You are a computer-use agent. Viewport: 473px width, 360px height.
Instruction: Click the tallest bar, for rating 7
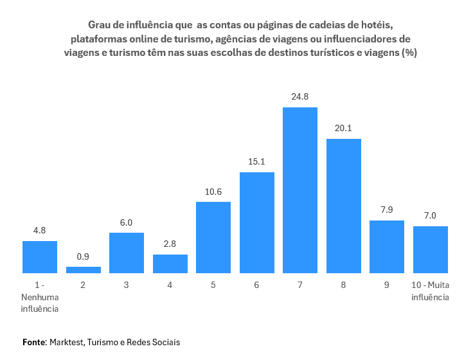tap(300, 190)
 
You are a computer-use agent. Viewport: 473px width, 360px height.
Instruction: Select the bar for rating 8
tap(343, 206)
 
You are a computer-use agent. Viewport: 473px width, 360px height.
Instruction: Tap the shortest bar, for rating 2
tap(84, 270)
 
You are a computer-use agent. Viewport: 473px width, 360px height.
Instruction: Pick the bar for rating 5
tap(213, 237)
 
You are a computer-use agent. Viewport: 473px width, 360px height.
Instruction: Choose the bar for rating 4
tap(170, 264)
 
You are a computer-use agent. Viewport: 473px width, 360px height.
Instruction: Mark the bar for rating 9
tap(387, 247)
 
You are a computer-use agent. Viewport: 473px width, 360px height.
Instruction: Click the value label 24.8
tap(300, 97)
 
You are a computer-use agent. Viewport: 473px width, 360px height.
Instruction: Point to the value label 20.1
tap(343, 129)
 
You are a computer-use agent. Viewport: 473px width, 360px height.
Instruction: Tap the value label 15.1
tap(257, 162)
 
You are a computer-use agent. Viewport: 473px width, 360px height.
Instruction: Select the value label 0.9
tap(84, 256)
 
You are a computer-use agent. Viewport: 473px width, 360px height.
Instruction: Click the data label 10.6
tap(213, 192)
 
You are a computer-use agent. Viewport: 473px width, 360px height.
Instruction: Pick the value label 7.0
tap(430, 216)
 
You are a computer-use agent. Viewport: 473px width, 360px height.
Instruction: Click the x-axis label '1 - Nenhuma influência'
tap(40, 296)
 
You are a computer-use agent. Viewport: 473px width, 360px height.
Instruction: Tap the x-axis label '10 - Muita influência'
tap(430, 291)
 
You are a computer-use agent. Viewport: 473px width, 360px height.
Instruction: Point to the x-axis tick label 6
tap(257, 285)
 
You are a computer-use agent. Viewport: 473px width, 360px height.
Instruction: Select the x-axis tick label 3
tap(127, 285)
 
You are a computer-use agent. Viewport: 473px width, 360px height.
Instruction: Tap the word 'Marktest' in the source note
tap(66, 342)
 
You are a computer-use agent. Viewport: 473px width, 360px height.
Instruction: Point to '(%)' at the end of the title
tap(409, 53)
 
